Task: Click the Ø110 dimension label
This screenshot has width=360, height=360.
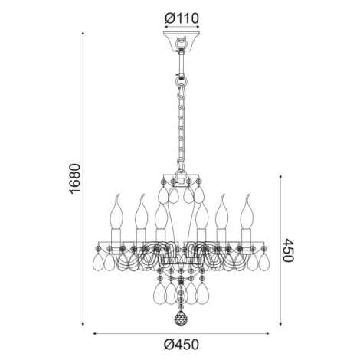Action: [x=182, y=18]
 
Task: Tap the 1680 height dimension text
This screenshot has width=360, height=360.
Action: [x=75, y=178]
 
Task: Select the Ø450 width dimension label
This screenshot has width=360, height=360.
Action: [x=181, y=345]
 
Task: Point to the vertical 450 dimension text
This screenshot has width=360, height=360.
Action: [x=289, y=250]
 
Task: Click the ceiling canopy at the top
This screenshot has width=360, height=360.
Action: [x=182, y=41]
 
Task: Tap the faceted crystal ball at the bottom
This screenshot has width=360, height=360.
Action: [x=181, y=319]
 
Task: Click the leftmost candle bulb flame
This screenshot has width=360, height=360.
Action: [x=116, y=211]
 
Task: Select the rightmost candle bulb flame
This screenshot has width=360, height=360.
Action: [x=247, y=211]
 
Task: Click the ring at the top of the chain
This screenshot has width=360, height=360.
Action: [x=181, y=81]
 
